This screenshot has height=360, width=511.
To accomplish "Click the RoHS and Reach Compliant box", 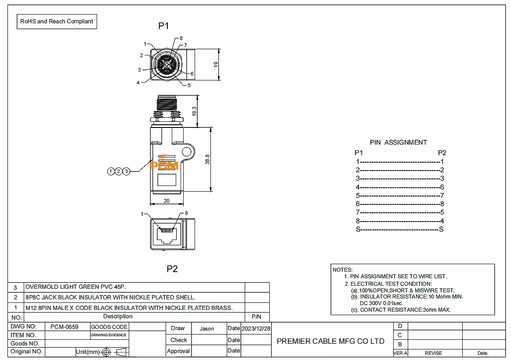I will [57, 21].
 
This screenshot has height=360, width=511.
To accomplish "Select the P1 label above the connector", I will [163, 26].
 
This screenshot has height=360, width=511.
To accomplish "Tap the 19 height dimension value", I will [216, 64].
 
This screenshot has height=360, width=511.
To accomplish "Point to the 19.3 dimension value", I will [194, 111].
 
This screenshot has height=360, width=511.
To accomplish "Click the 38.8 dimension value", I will [207, 159].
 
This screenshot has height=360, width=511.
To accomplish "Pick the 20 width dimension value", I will [167, 200].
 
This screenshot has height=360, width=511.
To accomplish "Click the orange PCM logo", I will [164, 165].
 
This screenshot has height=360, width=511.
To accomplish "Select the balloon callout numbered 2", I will [119, 171].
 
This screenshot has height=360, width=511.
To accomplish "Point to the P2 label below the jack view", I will [172, 269].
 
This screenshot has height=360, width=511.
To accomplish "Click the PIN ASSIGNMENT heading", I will [398, 142].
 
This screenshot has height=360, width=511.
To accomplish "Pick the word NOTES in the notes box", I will [343, 269].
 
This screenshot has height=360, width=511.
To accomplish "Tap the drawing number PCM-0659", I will [65, 327].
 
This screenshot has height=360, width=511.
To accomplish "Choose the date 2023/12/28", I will [256, 328].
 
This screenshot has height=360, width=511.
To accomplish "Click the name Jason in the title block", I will [207, 328].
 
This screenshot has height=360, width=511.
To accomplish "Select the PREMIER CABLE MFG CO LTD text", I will [330, 341].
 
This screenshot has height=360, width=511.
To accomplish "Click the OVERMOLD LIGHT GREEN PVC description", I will [76, 287].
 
